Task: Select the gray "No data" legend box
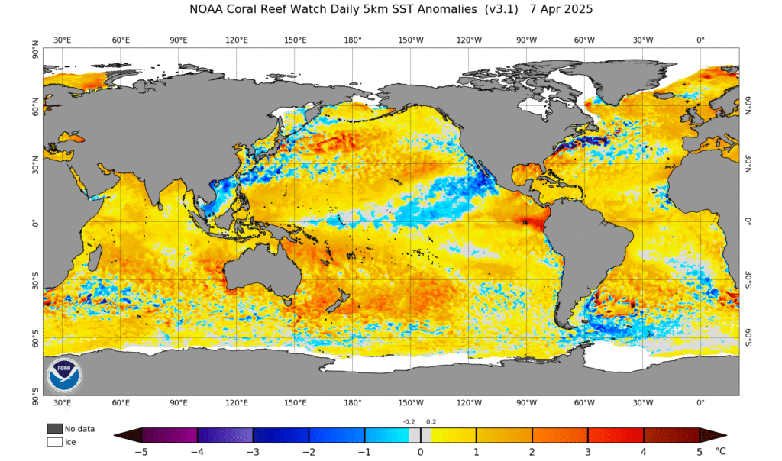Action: pyautogui.click(x=54, y=428)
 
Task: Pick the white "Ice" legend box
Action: pyautogui.click(x=54, y=441)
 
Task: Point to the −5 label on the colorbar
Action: pyautogui.click(x=141, y=452)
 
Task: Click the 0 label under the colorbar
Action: pyautogui.click(x=420, y=452)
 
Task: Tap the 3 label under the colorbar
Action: pyautogui.click(x=588, y=452)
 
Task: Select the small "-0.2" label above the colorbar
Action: pyautogui.click(x=409, y=421)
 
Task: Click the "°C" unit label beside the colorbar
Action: pyautogui.click(x=720, y=451)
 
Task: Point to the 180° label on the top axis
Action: pyautogui.click(x=352, y=40)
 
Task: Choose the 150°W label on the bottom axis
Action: pyautogui.click(x=411, y=402)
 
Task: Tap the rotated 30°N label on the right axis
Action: pyautogui.click(x=748, y=164)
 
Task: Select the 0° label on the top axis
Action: pyautogui.click(x=700, y=40)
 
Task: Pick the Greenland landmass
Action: pyautogui.click(x=611, y=80)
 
